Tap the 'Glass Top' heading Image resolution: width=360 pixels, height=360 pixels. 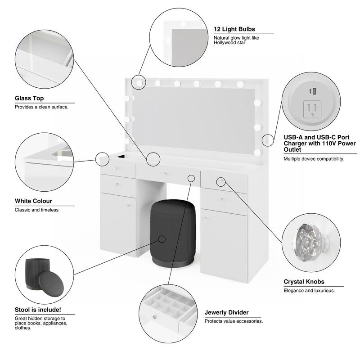29,98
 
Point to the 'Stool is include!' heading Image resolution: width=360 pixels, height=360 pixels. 38,310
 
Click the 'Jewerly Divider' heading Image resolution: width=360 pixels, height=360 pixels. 226,312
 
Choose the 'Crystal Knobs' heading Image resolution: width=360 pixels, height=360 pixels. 304,282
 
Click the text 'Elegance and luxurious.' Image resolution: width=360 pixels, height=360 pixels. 309,291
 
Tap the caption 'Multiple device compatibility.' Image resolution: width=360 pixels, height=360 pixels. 314,159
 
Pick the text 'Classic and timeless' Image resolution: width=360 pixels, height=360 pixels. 36,210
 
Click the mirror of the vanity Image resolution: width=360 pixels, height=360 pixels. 193,119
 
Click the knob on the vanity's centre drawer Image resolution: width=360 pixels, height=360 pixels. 165,174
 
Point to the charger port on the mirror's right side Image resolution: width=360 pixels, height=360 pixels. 268,140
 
